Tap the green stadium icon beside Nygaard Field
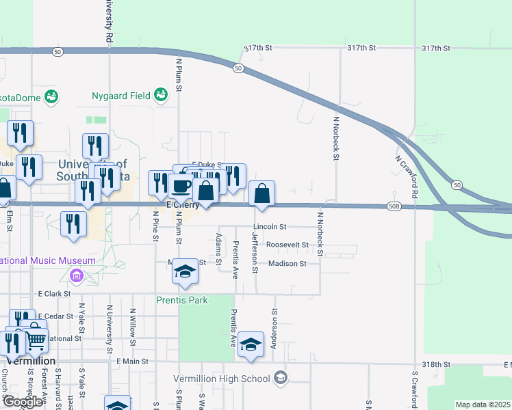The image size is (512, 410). [161, 96]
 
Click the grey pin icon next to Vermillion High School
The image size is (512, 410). [279, 377]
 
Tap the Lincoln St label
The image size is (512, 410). [269, 226]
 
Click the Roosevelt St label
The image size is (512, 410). [288, 245]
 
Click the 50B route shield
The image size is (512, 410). [394, 206]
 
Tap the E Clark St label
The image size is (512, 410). [55, 294]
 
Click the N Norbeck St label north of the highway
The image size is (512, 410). [336, 138]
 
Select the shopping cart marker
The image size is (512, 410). [35, 338]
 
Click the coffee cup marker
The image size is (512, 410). [181, 186]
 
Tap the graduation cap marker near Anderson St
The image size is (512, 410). [251, 344]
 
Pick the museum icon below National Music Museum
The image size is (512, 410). [75, 276]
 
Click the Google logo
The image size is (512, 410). [22, 402]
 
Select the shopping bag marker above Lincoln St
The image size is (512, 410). [261, 195]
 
